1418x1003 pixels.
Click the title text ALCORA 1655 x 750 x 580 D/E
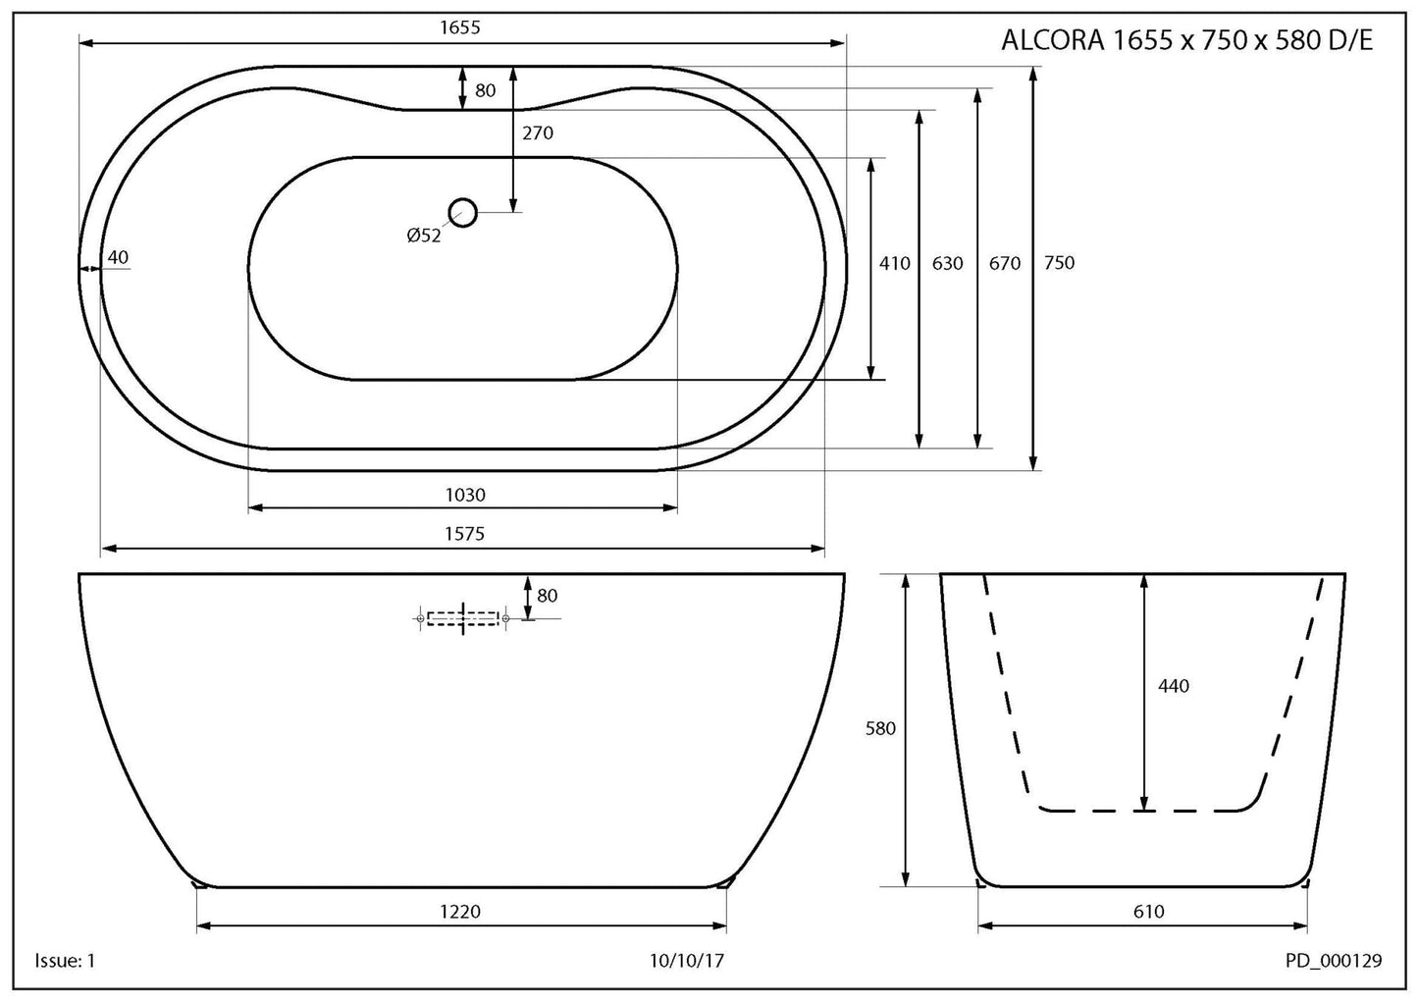[x=1185, y=40]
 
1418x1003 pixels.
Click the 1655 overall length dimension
[x=460, y=27]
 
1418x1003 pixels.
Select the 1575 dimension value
[x=464, y=534]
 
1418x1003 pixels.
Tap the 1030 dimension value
[x=465, y=495]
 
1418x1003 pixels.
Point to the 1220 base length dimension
[x=460, y=912]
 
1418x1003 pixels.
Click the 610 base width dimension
[x=1148, y=912]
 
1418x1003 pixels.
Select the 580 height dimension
[x=880, y=729]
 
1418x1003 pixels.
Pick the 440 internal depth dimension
[x=1173, y=686]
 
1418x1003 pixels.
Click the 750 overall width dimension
[x=1059, y=263]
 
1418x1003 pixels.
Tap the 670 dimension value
[x=1004, y=263]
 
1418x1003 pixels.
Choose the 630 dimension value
[x=947, y=263]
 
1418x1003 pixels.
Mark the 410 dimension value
[x=894, y=263]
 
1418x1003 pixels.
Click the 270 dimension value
[x=538, y=133]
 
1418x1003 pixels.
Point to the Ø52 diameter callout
[x=424, y=236]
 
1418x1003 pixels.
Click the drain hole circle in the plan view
[x=462, y=212]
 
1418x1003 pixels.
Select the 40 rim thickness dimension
[x=118, y=258]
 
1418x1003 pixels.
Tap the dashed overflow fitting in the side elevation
[x=462, y=617]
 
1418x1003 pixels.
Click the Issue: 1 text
[x=65, y=961]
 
